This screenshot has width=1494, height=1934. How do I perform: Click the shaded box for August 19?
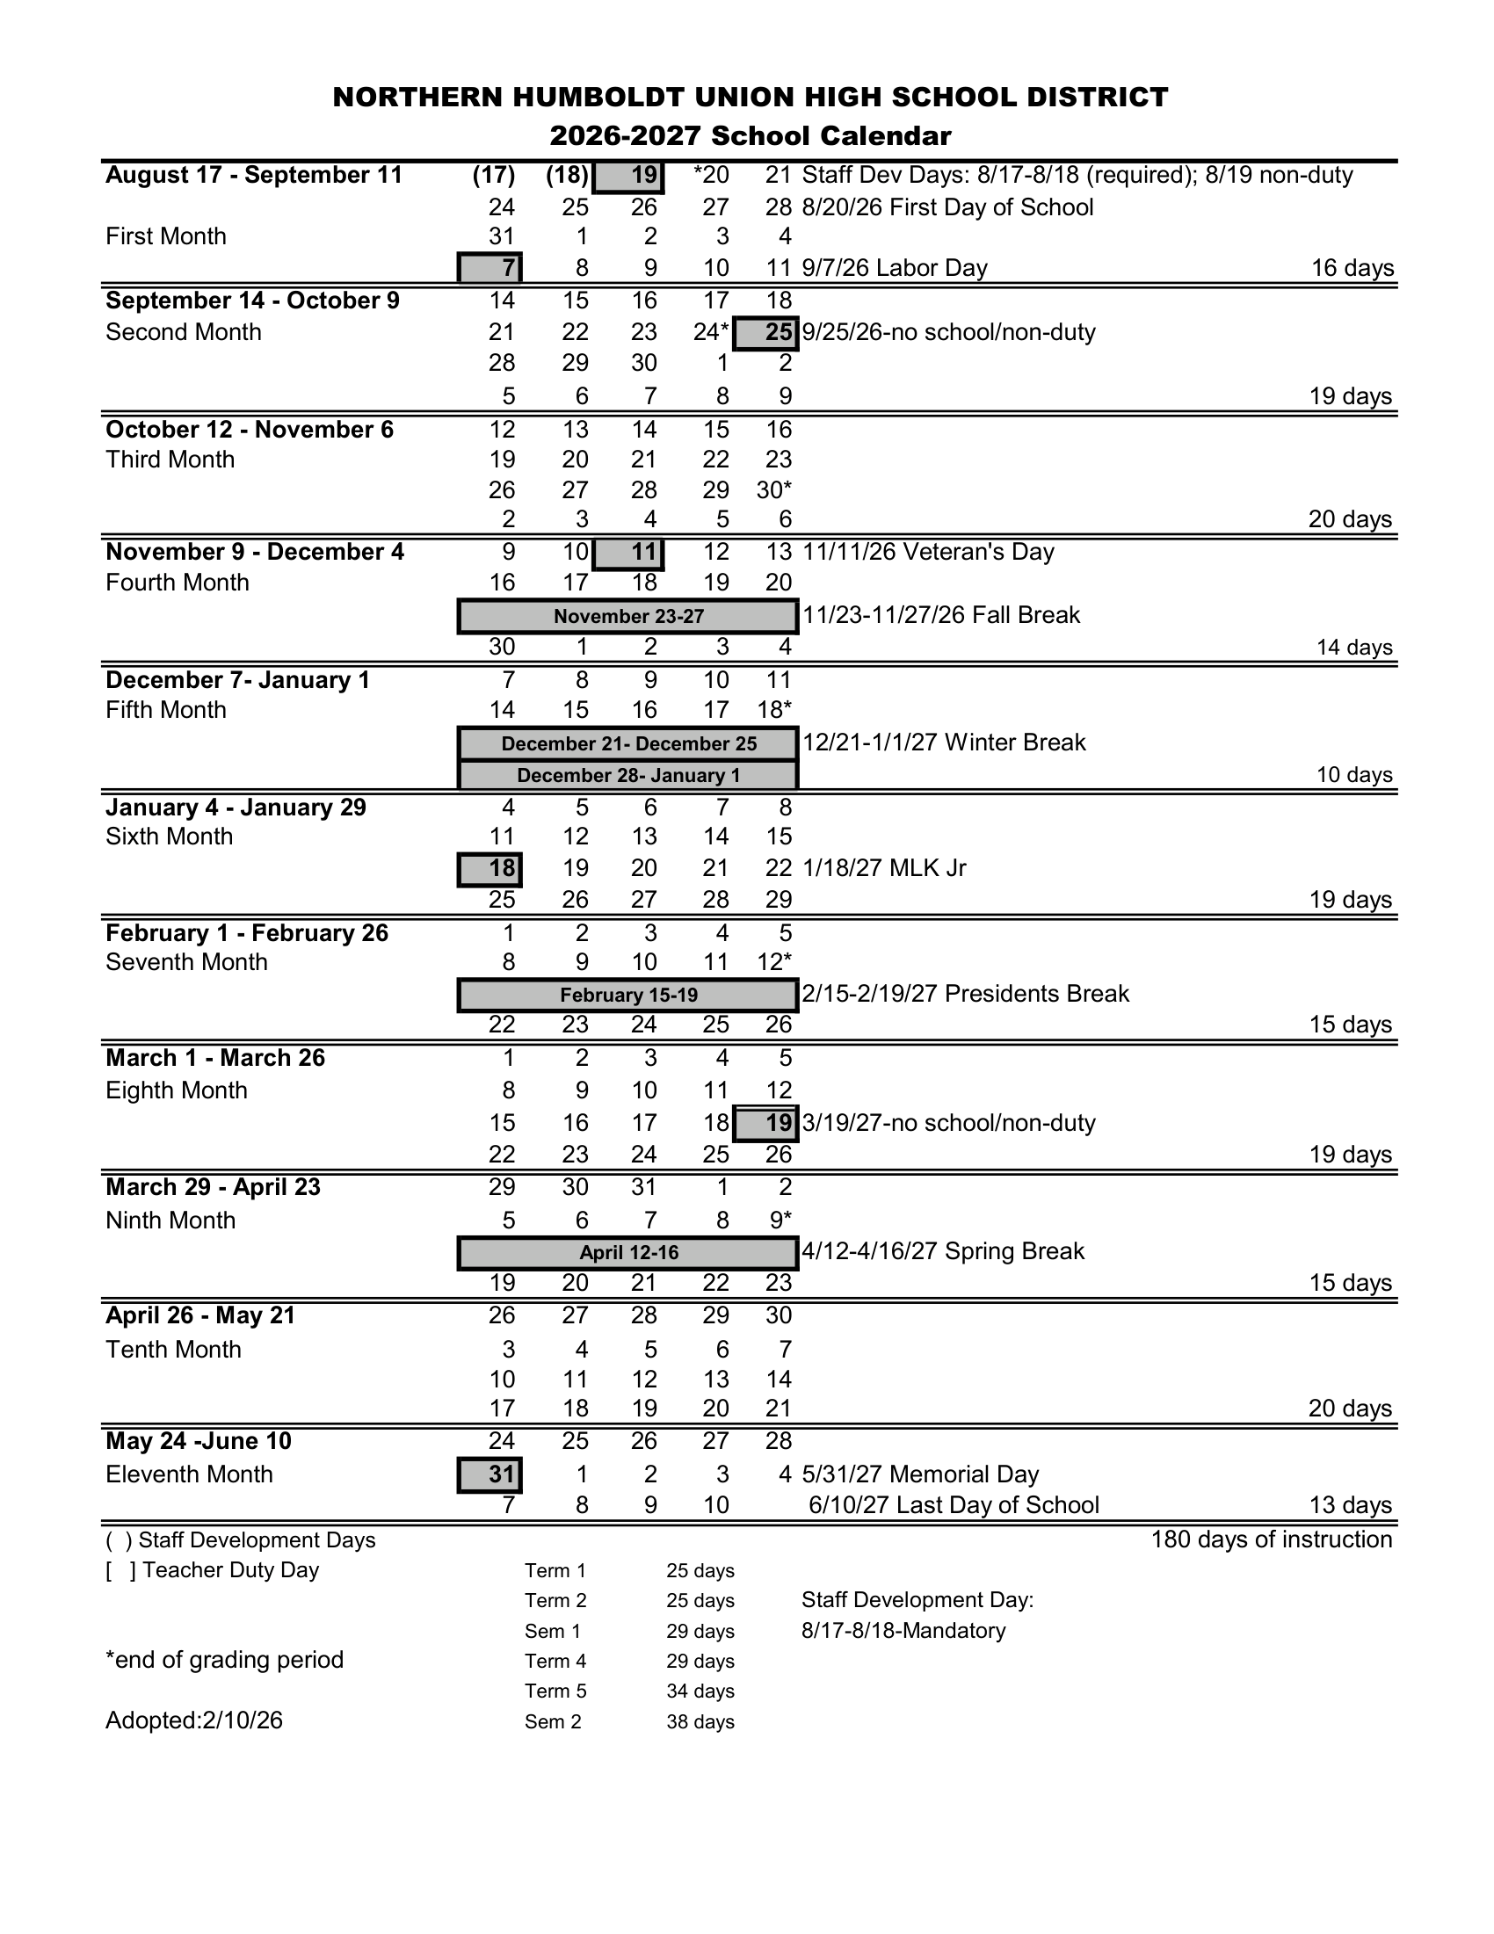(x=627, y=176)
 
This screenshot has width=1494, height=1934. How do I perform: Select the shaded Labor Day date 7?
(x=490, y=267)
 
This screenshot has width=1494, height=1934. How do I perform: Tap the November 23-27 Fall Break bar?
(x=627, y=616)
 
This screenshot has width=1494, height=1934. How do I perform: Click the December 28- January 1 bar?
(x=627, y=776)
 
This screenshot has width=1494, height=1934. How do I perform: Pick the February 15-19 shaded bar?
(x=627, y=996)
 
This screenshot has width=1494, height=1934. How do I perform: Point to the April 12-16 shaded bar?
(x=627, y=1253)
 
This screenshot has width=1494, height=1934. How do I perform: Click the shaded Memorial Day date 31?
(x=490, y=1474)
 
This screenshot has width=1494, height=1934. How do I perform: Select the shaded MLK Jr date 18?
(x=490, y=869)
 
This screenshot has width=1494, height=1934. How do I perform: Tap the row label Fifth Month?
(x=165, y=710)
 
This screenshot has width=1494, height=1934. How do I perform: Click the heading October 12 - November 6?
(x=250, y=430)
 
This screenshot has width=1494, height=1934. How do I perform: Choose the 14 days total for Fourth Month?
(x=1354, y=648)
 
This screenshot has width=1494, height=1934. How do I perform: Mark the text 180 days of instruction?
(x=1271, y=1540)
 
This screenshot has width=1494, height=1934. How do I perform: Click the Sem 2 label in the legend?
(x=553, y=1722)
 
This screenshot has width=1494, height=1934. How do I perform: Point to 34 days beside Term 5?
(x=700, y=1691)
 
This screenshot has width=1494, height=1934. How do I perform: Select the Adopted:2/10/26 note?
(x=194, y=1720)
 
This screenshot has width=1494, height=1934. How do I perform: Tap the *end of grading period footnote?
(x=224, y=1660)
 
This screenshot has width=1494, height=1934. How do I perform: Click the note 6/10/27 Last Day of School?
(x=953, y=1505)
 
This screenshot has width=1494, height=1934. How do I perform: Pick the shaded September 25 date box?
(x=767, y=333)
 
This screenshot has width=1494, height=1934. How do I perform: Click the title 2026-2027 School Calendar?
(x=751, y=135)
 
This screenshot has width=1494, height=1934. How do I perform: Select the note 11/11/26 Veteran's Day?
(x=928, y=553)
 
